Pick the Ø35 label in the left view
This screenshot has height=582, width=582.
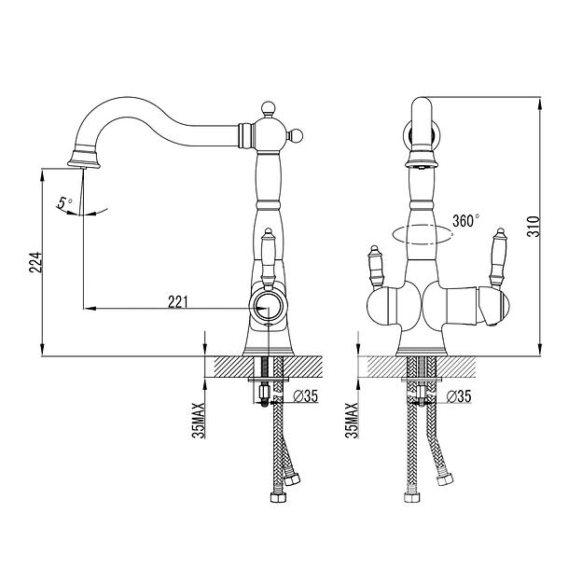(306, 396)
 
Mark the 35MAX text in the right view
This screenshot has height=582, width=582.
(352, 421)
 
